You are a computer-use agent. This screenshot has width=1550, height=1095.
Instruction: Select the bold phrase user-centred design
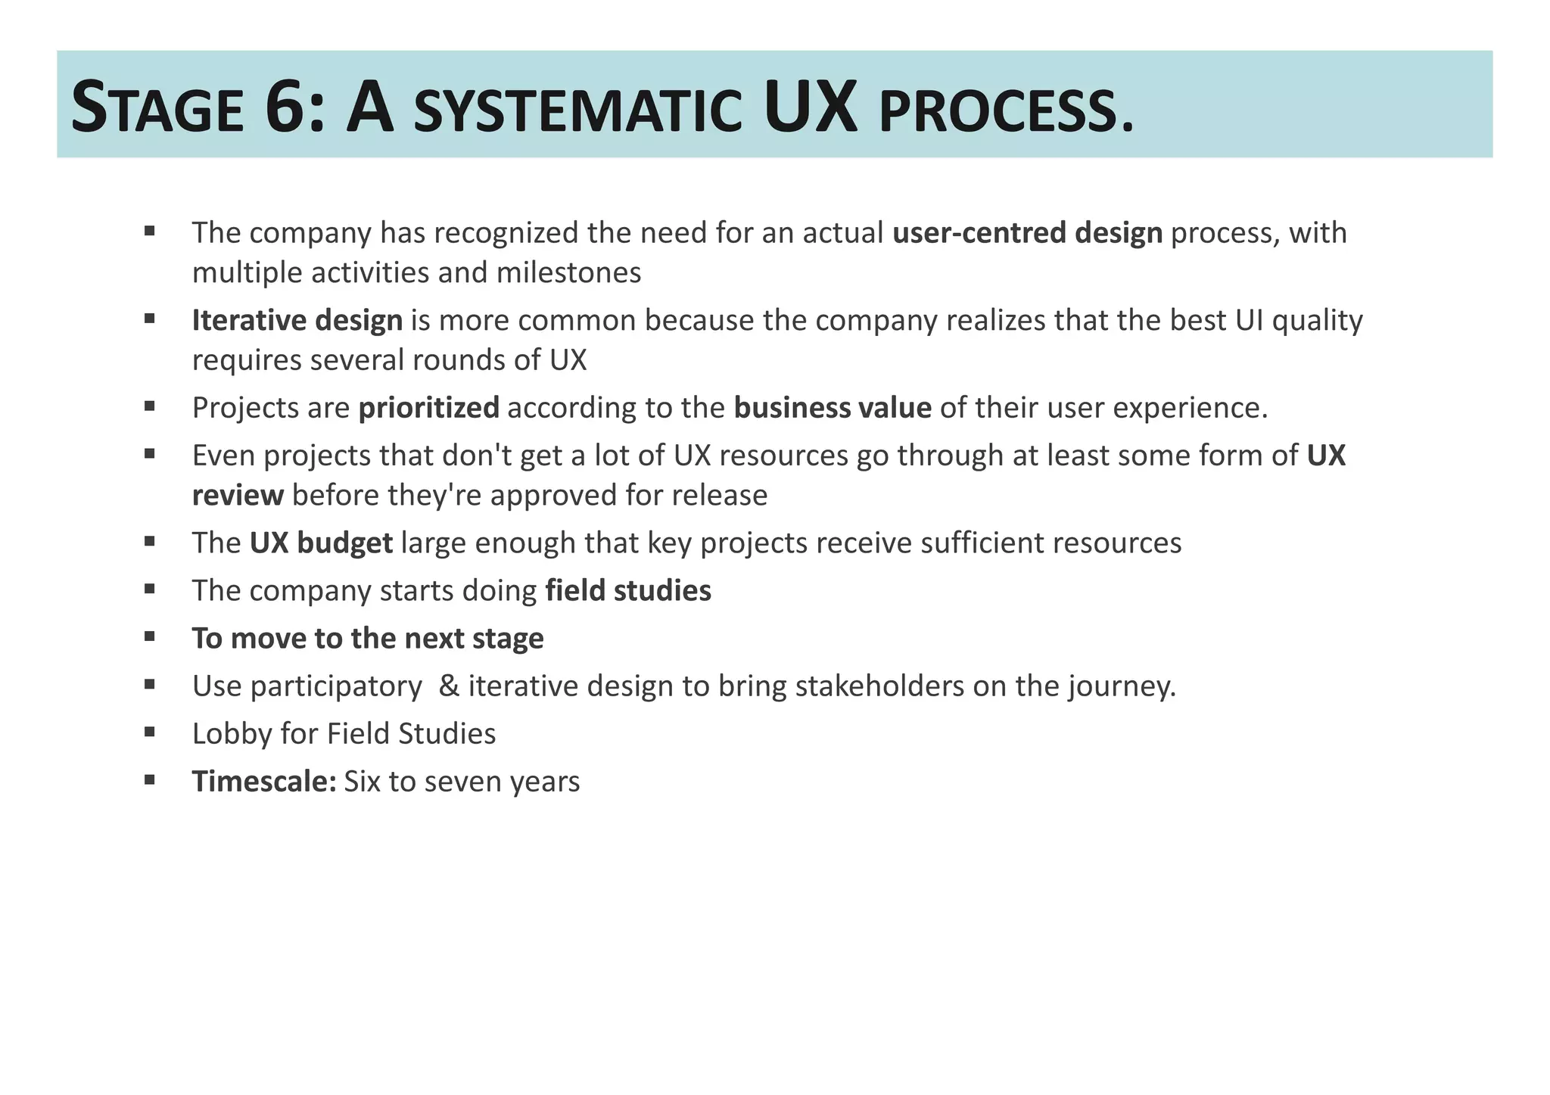1027,233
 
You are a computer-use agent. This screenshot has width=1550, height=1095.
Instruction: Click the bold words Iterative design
297,321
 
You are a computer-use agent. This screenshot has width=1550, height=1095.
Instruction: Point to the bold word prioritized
428,408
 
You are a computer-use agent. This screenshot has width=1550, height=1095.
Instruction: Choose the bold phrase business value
833,408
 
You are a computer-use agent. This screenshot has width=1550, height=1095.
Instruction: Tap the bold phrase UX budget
321,543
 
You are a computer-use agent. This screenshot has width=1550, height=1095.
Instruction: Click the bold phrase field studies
628,591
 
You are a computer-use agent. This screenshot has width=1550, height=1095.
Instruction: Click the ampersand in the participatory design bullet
449,686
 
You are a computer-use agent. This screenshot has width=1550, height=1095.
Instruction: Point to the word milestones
568,272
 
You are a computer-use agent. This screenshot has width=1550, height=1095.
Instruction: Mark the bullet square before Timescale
150,779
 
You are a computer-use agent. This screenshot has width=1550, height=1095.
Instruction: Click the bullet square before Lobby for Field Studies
150,731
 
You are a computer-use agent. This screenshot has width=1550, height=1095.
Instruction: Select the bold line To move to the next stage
368,639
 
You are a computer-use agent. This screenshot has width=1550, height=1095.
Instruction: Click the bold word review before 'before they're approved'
238,496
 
